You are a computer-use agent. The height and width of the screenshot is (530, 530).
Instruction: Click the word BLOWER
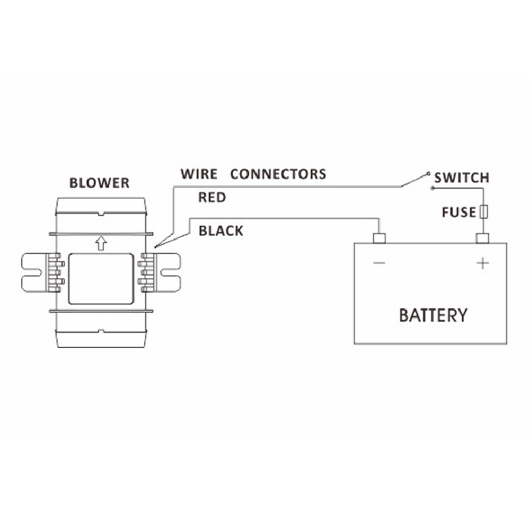click(x=99, y=183)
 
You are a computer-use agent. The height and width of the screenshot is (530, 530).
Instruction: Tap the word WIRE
click(x=199, y=173)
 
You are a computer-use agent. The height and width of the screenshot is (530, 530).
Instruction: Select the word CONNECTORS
click(x=278, y=173)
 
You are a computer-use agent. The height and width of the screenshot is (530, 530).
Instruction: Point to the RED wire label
click(x=212, y=198)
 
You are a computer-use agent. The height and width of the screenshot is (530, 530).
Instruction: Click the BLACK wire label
click(x=220, y=231)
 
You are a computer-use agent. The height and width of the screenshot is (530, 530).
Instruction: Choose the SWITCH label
click(x=461, y=178)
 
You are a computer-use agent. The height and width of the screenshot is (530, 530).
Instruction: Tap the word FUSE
click(x=459, y=213)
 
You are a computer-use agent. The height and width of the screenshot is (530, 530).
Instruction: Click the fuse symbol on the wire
click(x=482, y=212)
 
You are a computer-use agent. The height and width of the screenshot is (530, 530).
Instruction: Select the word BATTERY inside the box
click(x=433, y=315)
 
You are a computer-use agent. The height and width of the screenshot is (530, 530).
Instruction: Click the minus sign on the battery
click(x=379, y=263)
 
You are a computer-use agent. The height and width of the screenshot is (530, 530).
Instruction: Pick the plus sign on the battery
click(x=482, y=263)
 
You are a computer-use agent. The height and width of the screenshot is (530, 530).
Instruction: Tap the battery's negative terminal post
click(x=379, y=238)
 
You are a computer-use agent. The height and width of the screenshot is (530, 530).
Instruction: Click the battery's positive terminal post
click(x=482, y=238)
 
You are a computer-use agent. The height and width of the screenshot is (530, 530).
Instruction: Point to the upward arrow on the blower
click(x=101, y=243)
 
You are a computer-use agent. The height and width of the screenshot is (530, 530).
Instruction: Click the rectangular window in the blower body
click(x=101, y=278)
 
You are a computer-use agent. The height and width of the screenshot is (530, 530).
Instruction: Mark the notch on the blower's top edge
click(x=101, y=214)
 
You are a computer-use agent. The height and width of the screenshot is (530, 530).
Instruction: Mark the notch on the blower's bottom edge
click(x=101, y=332)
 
